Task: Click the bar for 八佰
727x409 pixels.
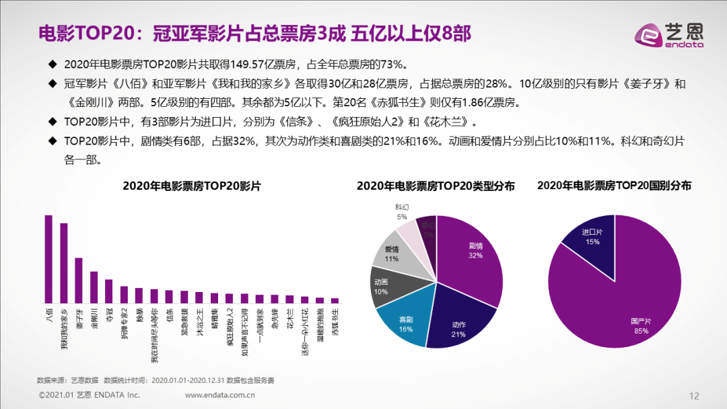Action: (48, 259)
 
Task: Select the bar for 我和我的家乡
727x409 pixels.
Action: (64, 263)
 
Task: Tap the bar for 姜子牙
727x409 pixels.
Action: (79, 281)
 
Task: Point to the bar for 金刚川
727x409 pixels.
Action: (94, 287)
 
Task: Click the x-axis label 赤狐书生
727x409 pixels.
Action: (335, 322)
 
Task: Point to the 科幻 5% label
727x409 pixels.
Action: (402, 212)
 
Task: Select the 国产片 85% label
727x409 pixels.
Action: (641, 326)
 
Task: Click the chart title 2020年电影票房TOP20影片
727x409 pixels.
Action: (192, 186)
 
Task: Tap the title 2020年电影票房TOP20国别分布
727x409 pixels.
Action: (614, 186)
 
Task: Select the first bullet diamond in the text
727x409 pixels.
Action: (53, 64)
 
